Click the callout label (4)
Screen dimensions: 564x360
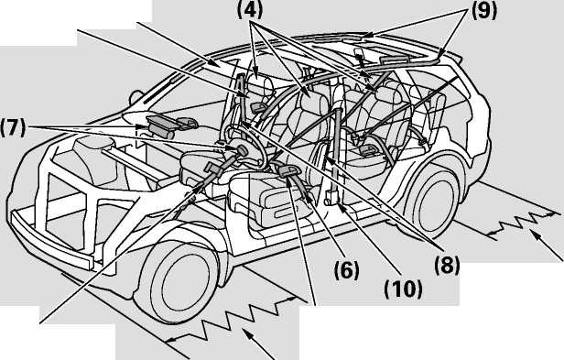(249, 10)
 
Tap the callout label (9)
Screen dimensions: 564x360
(483, 10)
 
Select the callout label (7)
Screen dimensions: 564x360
(13, 127)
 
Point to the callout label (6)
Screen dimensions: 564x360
(346, 270)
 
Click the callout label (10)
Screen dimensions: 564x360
(403, 289)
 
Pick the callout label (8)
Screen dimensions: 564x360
(447, 266)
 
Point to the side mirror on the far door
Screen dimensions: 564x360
(136, 97)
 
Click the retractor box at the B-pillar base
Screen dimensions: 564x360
(331, 197)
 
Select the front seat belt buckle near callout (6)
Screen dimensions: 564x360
(287, 171)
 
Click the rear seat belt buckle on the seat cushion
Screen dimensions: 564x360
(366, 149)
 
